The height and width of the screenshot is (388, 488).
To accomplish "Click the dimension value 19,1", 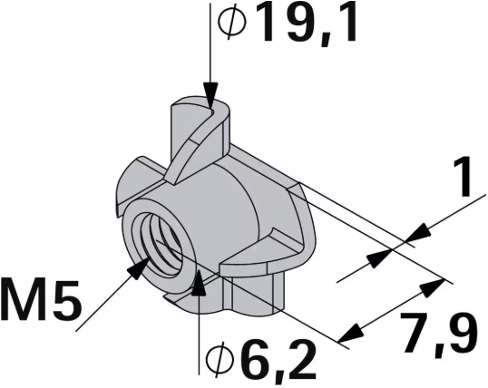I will pos(303,25).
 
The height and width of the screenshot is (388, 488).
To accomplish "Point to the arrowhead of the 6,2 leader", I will pos(199,283).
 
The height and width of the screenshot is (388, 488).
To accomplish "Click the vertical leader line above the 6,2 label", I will pos(199,326).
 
